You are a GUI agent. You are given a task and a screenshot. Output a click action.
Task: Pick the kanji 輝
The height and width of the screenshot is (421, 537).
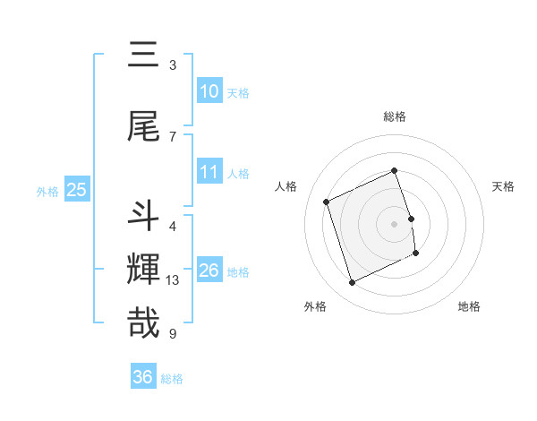pyautogui.click(x=143, y=269)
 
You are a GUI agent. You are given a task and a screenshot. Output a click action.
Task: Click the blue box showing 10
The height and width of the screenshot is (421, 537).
pyautogui.click(x=209, y=90)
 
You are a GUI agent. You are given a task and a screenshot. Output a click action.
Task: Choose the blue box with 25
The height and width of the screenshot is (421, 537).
pyautogui.click(x=76, y=189)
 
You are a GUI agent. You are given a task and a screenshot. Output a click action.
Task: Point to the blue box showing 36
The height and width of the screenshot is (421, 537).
pyautogui.click(x=143, y=377)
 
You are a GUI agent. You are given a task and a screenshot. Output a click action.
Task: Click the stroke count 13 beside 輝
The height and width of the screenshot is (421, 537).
pyautogui.click(x=174, y=280)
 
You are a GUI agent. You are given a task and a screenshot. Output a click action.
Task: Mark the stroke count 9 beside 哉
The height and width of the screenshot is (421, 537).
pyautogui.click(x=173, y=334)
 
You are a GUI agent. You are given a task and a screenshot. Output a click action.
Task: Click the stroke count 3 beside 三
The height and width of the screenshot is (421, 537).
pyautogui.click(x=173, y=65)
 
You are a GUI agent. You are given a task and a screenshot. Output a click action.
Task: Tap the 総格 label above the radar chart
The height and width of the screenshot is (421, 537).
pyautogui.click(x=394, y=116)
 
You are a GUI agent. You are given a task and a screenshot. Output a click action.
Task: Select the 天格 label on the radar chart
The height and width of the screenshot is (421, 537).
pyautogui.click(x=503, y=186)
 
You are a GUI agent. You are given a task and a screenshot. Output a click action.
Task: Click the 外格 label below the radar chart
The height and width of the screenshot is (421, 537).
pyautogui.click(x=315, y=306)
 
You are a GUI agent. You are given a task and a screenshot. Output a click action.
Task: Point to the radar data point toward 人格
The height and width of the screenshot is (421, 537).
pyautogui.click(x=327, y=202)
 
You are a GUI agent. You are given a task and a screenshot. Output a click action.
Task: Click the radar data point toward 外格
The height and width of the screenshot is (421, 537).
pyautogui.click(x=352, y=283)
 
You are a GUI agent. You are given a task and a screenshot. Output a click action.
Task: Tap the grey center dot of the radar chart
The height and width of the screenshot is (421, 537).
pyautogui.click(x=394, y=224)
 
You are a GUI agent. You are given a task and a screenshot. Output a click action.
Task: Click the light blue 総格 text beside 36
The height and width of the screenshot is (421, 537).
pyautogui.click(x=173, y=379)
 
